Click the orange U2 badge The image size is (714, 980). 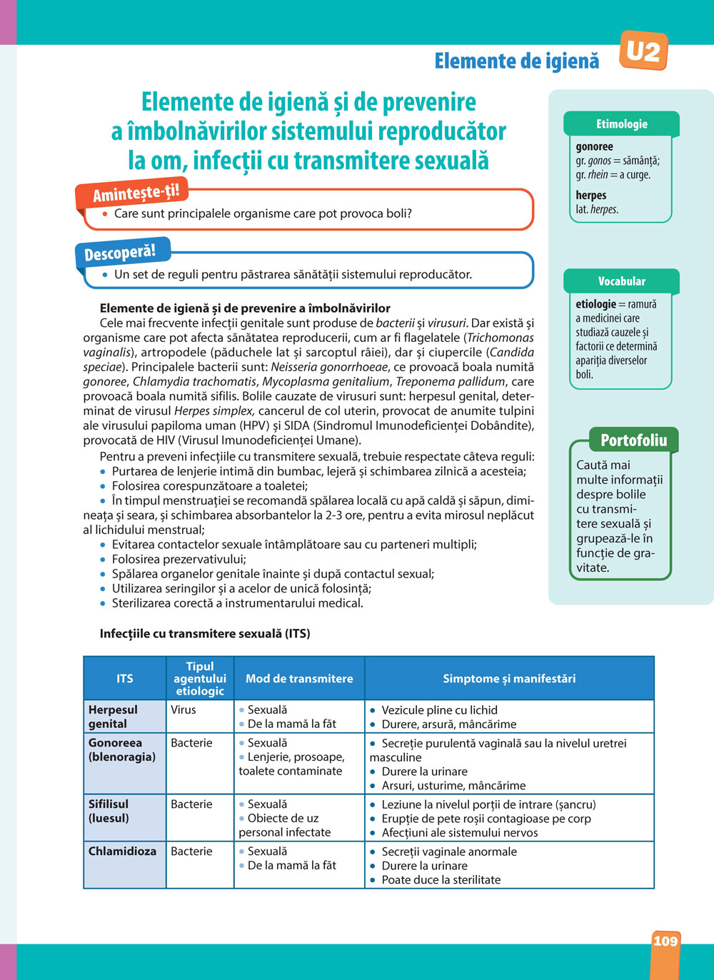pos(643,51)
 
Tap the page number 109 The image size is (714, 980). pos(665,941)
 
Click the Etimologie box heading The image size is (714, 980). pos(621,124)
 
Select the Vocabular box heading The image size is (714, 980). pos(621,281)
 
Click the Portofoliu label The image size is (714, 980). pos(633,440)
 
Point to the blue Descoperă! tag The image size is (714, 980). pos(120,253)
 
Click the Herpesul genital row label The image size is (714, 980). pos(113,717)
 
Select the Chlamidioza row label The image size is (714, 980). pos(122,851)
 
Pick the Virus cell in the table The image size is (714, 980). pos(183,709)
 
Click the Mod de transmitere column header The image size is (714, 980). pos(299,678)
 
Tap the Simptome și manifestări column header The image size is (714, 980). pos(509,678)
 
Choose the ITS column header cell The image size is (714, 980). pos(125,678)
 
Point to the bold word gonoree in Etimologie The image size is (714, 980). pos(595,146)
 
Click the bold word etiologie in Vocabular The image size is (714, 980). pos(595,304)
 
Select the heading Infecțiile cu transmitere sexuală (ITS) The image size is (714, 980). pos(205,633)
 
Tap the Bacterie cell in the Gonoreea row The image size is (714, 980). pos(191,742)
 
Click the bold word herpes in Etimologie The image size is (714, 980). pos(591,195)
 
